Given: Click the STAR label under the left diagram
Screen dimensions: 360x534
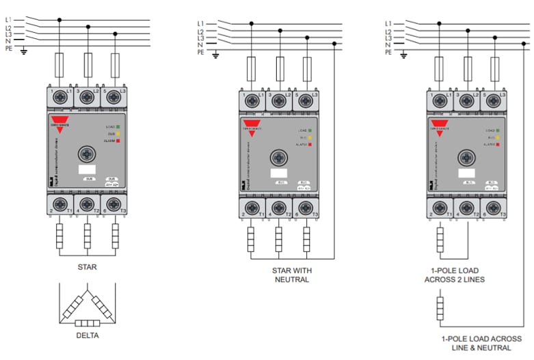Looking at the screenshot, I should click(87, 267).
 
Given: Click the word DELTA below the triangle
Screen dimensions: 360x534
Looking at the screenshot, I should click(87, 337).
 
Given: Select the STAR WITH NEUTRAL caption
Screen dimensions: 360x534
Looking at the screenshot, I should click(291, 275).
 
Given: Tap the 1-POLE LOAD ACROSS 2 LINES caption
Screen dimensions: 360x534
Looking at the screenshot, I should click(455, 275).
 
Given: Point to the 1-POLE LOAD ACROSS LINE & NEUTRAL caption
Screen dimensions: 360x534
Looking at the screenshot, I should click(481, 344).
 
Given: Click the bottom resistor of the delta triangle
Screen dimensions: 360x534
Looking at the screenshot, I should click(87, 323).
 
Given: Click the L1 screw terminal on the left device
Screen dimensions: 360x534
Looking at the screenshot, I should click(59, 97).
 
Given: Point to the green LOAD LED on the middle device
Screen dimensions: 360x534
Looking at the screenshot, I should click(310, 130).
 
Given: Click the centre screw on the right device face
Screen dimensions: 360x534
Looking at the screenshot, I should click(466, 156).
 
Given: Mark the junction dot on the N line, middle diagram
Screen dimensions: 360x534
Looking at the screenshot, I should click(334, 44).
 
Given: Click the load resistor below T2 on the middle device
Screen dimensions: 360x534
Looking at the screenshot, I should click(279, 240).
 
